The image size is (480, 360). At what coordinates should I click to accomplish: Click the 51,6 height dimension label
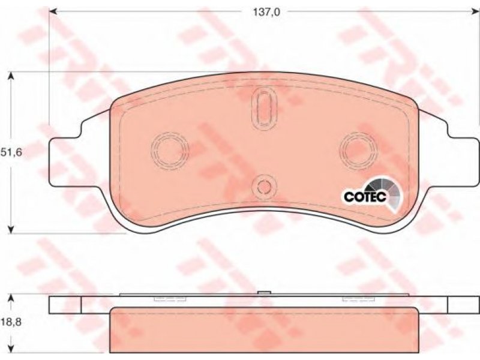[11, 152]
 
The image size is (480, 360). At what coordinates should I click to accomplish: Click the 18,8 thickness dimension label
[11, 322]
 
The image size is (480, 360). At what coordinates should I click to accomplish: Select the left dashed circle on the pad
[170, 150]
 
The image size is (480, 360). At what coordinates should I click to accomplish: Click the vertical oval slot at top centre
[264, 108]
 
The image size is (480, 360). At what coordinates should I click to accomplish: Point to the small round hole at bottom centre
[263, 186]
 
